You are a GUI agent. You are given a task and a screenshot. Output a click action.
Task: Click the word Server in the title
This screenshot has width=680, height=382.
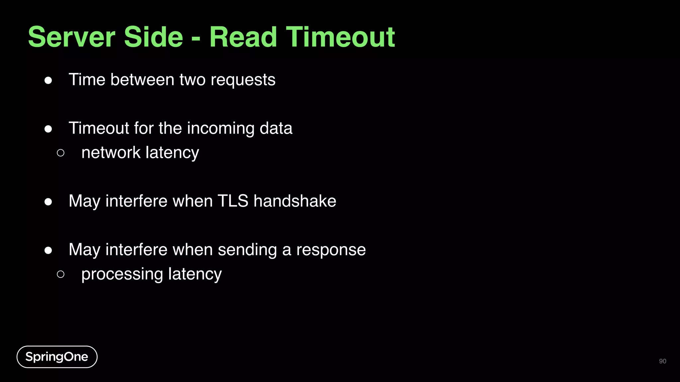pos(71,37)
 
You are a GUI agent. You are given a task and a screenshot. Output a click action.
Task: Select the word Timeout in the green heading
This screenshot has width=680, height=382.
pos(340,37)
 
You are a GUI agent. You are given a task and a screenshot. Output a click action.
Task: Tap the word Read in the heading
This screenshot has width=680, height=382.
pos(243,37)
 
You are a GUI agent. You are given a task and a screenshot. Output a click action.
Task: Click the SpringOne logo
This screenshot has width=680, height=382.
pos(57,357)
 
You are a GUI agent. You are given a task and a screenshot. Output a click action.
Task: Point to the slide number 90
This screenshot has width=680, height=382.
pos(662,361)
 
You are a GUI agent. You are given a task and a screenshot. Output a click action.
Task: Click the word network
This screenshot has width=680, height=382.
pos(111,153)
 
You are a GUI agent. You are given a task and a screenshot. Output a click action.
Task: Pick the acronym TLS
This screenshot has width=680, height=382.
pos(233,201)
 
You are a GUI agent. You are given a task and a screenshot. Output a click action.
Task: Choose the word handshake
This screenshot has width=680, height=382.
pos(295,201)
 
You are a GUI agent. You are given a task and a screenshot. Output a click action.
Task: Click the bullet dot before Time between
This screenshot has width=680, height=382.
pos(48,80)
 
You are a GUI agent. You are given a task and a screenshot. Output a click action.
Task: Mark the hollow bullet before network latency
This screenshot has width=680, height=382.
pos(60,153)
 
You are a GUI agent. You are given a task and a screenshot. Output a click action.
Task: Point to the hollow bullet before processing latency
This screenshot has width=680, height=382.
pos(60,274)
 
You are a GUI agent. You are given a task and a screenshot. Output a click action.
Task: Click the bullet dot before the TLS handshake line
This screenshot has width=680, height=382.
pos(48,202)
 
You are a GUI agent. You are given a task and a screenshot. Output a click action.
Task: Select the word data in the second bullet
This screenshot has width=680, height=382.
pos(276,128)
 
